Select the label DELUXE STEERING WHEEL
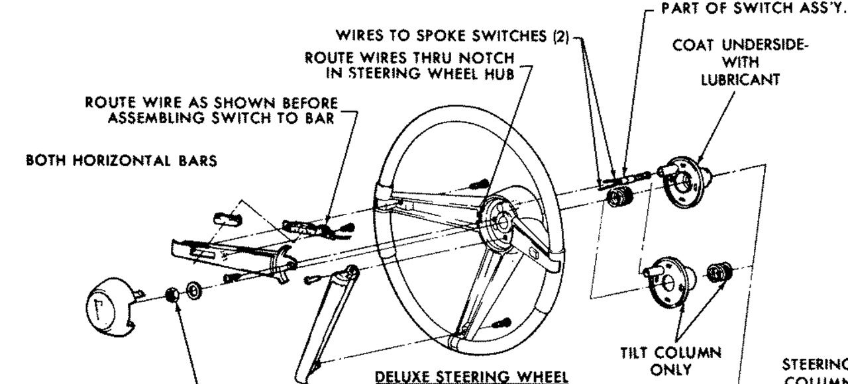[472, 376]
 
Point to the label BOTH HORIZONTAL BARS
[122, 162]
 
